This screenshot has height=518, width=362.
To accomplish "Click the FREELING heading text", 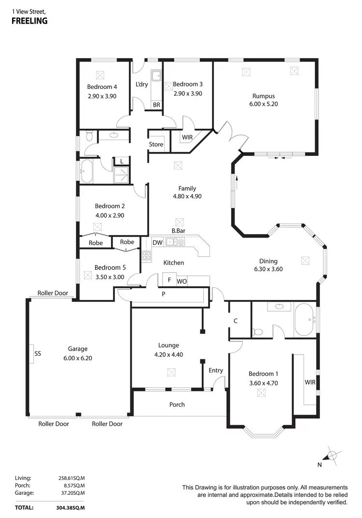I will tap(29, 21).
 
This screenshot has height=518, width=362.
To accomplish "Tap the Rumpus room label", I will tap(263, 96).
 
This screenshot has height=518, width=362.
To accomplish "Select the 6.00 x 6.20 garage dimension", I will tap(77, 358).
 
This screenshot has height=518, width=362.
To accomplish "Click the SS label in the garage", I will tap(38, 354).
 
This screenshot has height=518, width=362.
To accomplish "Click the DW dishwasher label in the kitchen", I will tap(157, 242).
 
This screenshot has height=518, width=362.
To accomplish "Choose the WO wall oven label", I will tap(181, 281).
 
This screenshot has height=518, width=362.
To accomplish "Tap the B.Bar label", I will tap(178, 231).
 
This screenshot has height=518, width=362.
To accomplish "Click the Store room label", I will tap(156, 144).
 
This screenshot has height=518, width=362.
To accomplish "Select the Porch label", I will tap(177, 404).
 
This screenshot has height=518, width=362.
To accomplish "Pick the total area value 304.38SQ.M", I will tap(71, 508).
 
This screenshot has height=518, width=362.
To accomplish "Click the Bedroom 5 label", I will tap(110, 267).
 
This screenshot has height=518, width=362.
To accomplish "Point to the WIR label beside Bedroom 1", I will tap(310, 382).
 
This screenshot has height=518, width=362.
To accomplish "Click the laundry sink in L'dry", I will tap(156, 76).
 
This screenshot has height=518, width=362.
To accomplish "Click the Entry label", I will tap(216, 370).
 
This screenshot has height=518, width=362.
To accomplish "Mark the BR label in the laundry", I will tap(156, 104).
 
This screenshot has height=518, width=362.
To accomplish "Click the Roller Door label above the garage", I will tap(53, 293).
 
